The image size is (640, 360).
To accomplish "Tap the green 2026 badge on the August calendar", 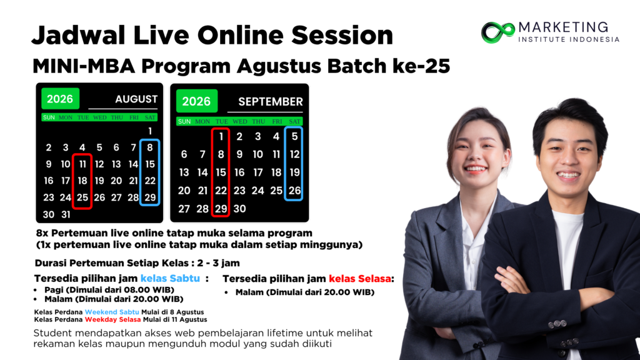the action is [60, 99].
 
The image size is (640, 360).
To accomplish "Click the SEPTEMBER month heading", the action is [270, 102].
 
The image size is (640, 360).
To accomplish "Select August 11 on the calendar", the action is [82, 164].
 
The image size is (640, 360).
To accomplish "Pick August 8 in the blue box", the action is [150, 147].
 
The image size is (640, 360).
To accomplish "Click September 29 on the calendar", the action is [221, 209].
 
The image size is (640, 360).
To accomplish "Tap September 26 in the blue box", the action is [295, 191].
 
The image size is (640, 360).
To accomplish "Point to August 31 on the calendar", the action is [65, 215].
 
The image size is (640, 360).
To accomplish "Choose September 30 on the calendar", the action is [239, 209].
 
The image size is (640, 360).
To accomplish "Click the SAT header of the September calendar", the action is [295, 122].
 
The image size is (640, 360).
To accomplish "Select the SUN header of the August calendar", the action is [49, 117].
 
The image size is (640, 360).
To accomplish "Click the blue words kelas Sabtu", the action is [170, 278].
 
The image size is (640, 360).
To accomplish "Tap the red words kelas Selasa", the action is [359, 279].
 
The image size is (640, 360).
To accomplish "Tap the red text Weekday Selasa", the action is [112, 319].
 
